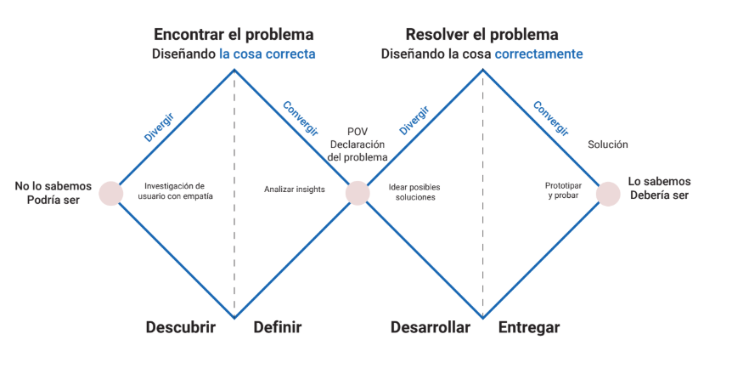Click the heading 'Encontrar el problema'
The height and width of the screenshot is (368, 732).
234,35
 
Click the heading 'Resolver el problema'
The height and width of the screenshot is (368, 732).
481,35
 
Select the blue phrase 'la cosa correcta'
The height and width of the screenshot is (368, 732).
267,54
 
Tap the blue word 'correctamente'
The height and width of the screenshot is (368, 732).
539,54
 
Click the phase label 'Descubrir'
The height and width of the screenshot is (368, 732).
181,327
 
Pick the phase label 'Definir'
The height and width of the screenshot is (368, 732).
278,327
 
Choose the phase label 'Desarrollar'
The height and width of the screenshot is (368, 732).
431,327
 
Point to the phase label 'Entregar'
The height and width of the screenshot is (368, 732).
529,327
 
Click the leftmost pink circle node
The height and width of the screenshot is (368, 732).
111,194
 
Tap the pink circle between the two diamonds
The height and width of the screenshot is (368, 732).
358,193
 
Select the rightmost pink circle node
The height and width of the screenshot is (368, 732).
608,194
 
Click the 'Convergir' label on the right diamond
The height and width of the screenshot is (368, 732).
550,119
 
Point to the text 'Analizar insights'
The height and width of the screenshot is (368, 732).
295,190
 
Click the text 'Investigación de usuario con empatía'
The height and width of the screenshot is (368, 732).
174,190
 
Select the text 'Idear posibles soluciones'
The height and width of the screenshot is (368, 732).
414,191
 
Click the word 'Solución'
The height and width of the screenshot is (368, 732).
608,144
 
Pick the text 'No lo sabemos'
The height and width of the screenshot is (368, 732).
53,185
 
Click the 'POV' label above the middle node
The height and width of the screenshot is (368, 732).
358,130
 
